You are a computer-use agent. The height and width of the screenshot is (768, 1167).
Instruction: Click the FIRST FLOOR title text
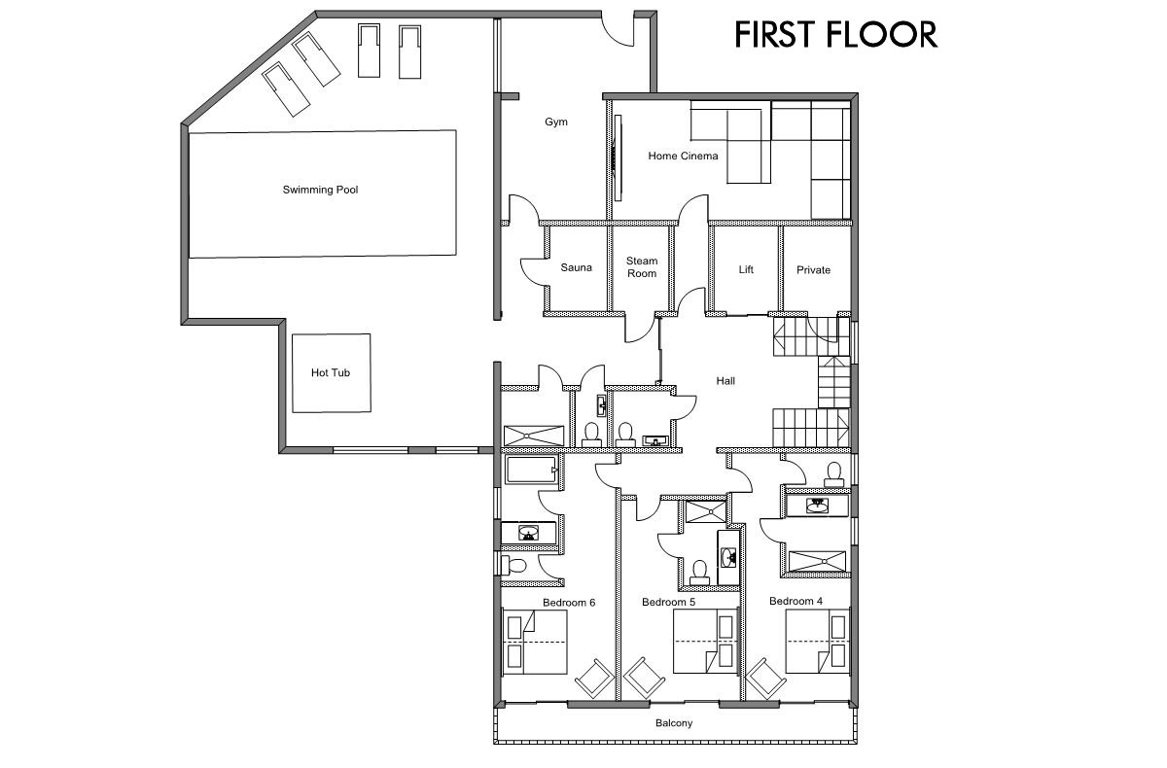(x=834, y=34)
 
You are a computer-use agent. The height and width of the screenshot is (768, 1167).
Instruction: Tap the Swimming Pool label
(x=320, y=190)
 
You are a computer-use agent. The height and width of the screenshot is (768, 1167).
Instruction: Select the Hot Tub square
(x=332, y=372)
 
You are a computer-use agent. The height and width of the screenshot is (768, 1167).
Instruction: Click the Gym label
(x=555, y=122)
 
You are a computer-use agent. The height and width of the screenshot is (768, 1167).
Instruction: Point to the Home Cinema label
(x=683, y=156)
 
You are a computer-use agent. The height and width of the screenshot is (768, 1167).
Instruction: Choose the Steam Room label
(x=641, y=267)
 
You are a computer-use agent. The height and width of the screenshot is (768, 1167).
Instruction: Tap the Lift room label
(x=746, y=270)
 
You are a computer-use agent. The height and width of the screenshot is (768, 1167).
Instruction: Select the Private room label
(x=813, y=270)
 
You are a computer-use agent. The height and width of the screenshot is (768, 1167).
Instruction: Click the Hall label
(x=725, y=381)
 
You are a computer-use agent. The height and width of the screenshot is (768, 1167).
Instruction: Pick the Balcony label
(x=674, y=723)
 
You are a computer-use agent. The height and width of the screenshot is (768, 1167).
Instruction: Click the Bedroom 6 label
(x=569, y=603)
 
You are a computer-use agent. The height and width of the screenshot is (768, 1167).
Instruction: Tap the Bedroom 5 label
(x=668, y=603)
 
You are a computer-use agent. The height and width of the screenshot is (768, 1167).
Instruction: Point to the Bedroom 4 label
(x=796, y=602)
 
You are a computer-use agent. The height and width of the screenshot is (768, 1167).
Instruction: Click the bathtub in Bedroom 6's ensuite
(x=531, y=471)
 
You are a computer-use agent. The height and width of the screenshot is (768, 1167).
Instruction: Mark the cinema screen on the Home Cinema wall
(x=617, y=156)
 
